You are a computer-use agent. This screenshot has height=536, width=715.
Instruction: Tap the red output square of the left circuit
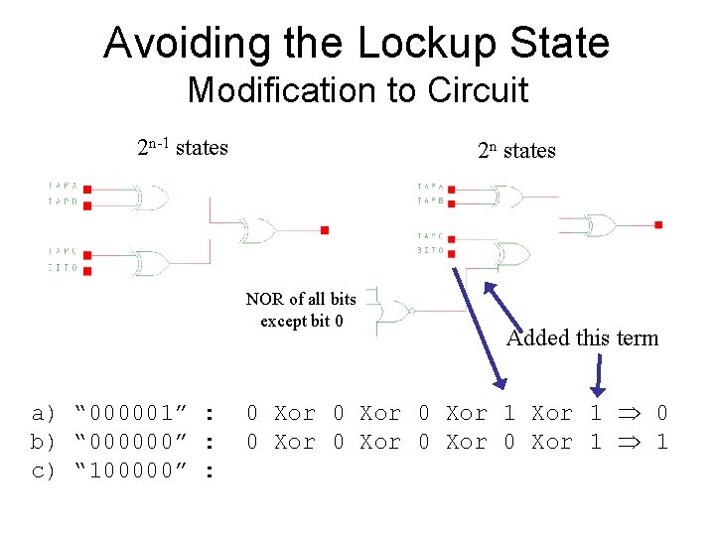324,230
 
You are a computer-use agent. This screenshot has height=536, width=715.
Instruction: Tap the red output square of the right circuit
659,225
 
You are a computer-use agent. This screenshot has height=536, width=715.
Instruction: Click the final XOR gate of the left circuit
259,231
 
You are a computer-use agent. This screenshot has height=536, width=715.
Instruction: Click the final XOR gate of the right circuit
600,225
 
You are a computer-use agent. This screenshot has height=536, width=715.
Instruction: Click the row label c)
44,470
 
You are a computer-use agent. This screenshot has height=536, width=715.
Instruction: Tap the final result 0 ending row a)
662,413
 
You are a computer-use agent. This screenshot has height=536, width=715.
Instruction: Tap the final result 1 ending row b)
662,442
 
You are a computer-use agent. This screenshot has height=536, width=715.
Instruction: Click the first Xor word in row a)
294,413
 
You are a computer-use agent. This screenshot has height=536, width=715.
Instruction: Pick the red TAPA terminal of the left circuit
87,188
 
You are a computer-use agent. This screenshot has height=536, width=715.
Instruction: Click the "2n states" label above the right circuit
516,151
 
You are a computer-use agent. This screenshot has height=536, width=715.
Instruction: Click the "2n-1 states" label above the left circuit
183,148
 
